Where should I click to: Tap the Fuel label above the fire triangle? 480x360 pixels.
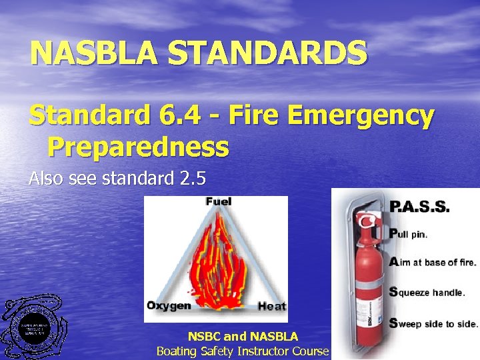coord(219,201)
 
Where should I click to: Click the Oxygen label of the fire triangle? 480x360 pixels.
coord(169,306)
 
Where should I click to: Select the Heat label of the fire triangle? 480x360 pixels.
coord(272,307)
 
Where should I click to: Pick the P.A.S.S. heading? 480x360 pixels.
coord(419,207)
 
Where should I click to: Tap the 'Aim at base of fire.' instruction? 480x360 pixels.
coord(433,262)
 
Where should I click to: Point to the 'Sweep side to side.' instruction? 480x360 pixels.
coord(433,323)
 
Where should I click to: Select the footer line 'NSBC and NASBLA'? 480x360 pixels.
coord(243,337)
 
